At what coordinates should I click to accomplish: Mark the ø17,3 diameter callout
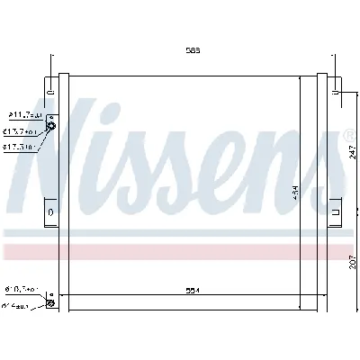[20, 147]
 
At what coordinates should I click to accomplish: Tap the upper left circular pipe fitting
[52, 124]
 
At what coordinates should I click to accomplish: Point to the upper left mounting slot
[51, 91]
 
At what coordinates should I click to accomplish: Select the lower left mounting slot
[51, 213]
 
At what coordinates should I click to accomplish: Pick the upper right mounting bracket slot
[334, 90]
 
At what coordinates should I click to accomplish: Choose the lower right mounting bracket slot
[335, 212]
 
